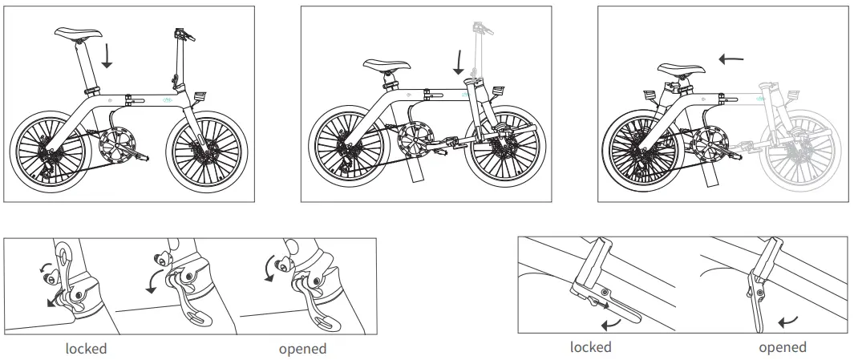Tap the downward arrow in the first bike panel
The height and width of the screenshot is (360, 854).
107,56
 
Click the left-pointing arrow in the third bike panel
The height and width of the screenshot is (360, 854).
731,58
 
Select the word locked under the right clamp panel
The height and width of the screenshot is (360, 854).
590,347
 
